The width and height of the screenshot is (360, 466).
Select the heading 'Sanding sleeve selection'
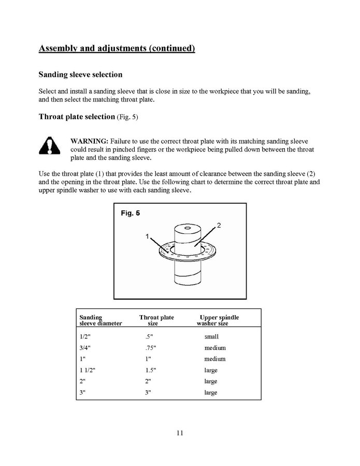[80, 75]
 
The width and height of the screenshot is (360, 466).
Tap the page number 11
[179, 433]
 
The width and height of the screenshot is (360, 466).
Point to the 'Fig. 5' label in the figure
[130, 213]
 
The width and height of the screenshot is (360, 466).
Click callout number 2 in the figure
[219, 225]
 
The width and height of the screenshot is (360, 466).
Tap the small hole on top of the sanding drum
[186, 227]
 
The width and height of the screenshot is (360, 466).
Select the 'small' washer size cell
[211, 336]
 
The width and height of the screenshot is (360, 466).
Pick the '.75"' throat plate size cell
[150, 348]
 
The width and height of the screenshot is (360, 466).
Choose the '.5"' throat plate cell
[149, 336]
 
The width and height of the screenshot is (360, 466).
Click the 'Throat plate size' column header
[156, 320]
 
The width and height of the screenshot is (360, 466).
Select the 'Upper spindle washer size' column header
[218, 320]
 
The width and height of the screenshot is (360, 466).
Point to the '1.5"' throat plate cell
[150, 370]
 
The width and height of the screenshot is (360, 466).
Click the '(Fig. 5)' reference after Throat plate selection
[127, 117]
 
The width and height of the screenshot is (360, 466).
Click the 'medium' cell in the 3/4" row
[215, 348]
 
